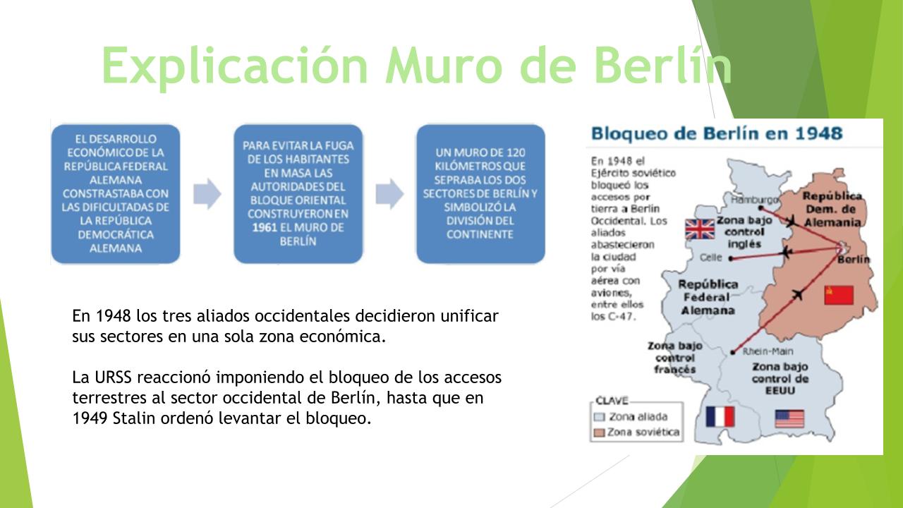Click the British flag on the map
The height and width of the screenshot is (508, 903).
(700, 229)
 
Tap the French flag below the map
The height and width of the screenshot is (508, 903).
(720, 416)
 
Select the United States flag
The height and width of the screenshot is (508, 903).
(789, 418)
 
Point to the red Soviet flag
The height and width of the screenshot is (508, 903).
(839, 295)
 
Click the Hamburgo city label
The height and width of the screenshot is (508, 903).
(754, 200)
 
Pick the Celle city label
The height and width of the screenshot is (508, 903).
(710, 258)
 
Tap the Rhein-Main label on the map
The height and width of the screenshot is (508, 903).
(768, 351)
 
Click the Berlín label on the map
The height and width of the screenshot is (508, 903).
(854, 259)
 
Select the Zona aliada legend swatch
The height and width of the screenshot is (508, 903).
(600, 417)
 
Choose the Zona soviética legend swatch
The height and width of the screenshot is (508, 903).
(600, 433)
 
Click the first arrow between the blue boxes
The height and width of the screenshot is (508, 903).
(207, 194)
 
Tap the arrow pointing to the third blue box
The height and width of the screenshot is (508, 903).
(390, 194)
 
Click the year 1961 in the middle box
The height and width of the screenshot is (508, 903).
(265, 227)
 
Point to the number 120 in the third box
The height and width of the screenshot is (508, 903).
(516, 152)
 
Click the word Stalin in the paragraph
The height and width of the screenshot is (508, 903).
(134, 418)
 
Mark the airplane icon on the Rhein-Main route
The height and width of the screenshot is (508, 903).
(797, 295)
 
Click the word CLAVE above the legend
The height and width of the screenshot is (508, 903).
(612, 400)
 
